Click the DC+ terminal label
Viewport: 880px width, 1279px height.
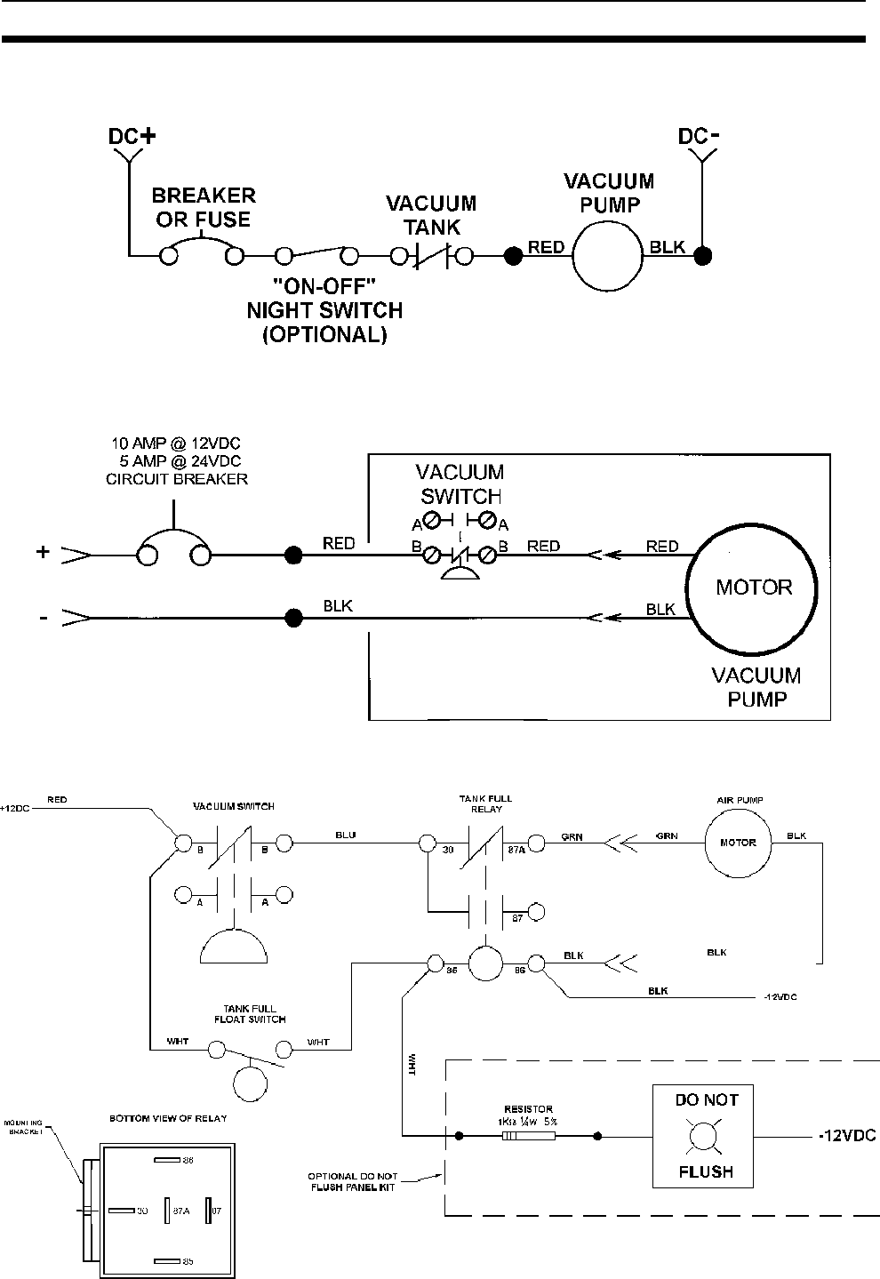131,137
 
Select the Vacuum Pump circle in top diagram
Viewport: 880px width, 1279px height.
607,256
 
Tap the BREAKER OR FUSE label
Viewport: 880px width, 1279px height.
204,207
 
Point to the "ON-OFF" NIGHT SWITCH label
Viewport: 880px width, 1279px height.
324,311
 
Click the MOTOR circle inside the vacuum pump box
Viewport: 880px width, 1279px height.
754,588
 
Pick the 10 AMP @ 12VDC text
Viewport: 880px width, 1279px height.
175,443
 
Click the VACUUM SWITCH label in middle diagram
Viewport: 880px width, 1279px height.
460,484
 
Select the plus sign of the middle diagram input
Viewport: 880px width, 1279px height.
43,553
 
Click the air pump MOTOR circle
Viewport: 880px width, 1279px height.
738,843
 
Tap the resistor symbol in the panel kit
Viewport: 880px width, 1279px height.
528,1136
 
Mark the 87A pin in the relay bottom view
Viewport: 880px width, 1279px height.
169,1210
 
